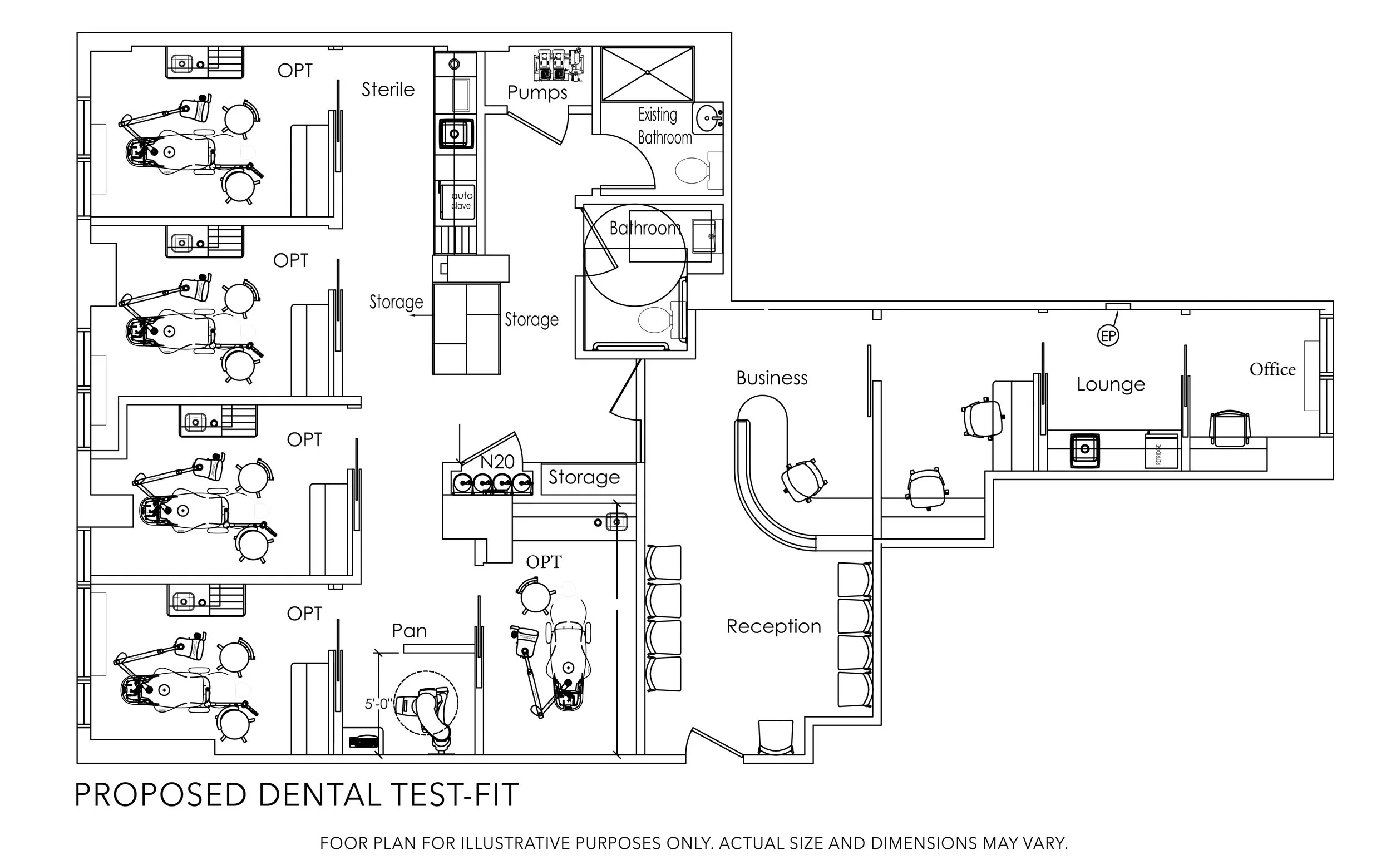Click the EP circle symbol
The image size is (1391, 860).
(x=1108, y=335)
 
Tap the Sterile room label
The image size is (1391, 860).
(x=388, y=90)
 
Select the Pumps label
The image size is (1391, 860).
(x=537, y=92)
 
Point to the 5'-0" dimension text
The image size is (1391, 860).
(x=377, y=704)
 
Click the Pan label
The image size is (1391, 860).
(x=409, y=631)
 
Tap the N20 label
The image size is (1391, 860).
(x=497, y=461)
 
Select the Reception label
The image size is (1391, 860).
(x=774, y=626)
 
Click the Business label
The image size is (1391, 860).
(x=772, y=378)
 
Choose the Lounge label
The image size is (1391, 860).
(x=1111, y=384)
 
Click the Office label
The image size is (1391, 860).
(x=1272, y=370)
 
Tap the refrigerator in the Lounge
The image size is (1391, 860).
(x=1161, y=451)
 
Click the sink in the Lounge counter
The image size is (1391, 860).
(x=1084, y=450)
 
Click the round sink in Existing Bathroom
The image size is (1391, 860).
(x=708, y=118)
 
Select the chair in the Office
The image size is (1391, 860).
(x=1230, y=428)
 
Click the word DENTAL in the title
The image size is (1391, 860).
(x=319, y=795)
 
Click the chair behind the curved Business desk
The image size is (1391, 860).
(x=804, y=481)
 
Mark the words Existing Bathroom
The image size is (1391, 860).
(x=663, y=126)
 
